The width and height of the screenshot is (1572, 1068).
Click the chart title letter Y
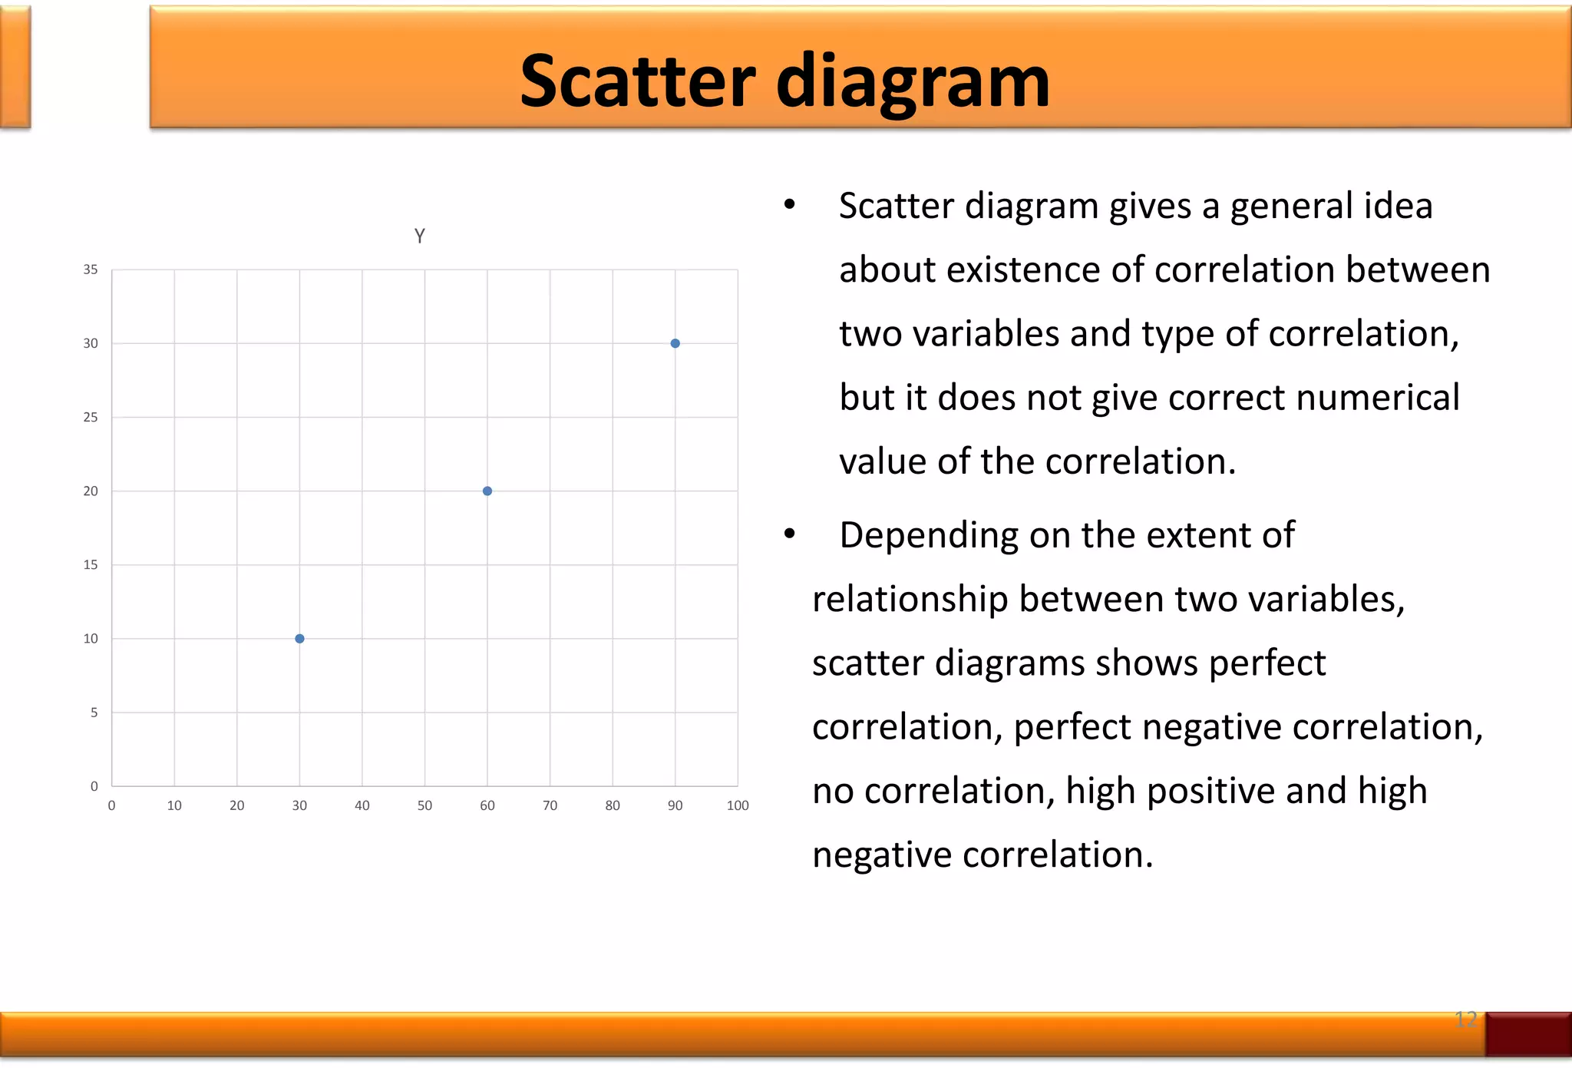coord(419,236)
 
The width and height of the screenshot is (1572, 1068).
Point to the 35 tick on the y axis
coord(91,269)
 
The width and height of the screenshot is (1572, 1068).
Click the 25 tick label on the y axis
coord(91,417)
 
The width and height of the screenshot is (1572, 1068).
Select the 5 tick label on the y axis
coord(94,713)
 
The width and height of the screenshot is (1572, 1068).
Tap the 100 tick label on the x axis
coord(738,805)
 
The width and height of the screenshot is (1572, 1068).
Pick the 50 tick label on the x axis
coord(424,805)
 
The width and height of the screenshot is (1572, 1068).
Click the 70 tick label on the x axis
coord(550,805)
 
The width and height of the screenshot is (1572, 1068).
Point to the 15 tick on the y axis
coord(91,565)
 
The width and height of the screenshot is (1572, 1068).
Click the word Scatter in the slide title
coord(637,81)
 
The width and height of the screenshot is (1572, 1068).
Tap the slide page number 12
coord(1465,1020)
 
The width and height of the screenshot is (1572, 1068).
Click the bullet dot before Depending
coord(790,534)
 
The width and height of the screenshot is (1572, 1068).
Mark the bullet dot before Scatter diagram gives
coord(790,205)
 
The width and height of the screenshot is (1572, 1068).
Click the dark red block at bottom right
coord(1527,1034)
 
